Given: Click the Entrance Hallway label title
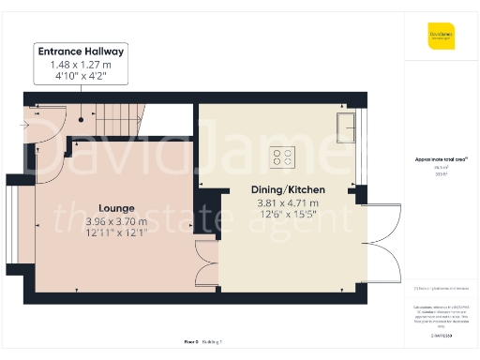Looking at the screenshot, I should [81, 51].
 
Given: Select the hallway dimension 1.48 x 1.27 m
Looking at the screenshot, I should [81, 64].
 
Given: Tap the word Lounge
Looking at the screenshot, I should [116, 207].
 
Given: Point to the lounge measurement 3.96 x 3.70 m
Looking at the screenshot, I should [116, 220].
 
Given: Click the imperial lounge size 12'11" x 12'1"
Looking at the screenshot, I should [116, 233].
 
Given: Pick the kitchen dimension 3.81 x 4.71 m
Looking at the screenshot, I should [288, 202].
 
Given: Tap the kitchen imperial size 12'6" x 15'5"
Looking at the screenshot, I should [288, 216].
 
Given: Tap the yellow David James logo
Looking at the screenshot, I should [442, 38].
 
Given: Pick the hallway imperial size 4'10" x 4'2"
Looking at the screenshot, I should [81, 76].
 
